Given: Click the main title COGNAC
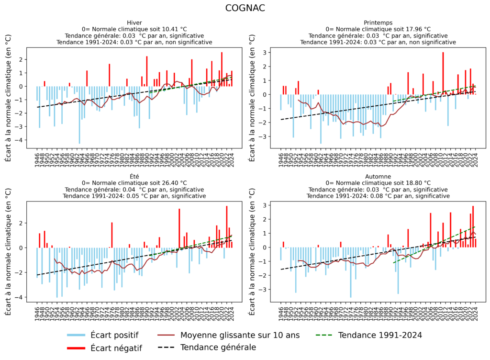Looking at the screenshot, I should coord(245,9).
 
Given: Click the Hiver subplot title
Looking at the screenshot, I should coord(134,22).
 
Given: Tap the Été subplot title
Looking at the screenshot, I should coord(134,176).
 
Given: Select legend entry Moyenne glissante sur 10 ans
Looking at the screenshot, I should coord(239,335).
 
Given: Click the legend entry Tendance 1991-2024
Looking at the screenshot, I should coord(381,335).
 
